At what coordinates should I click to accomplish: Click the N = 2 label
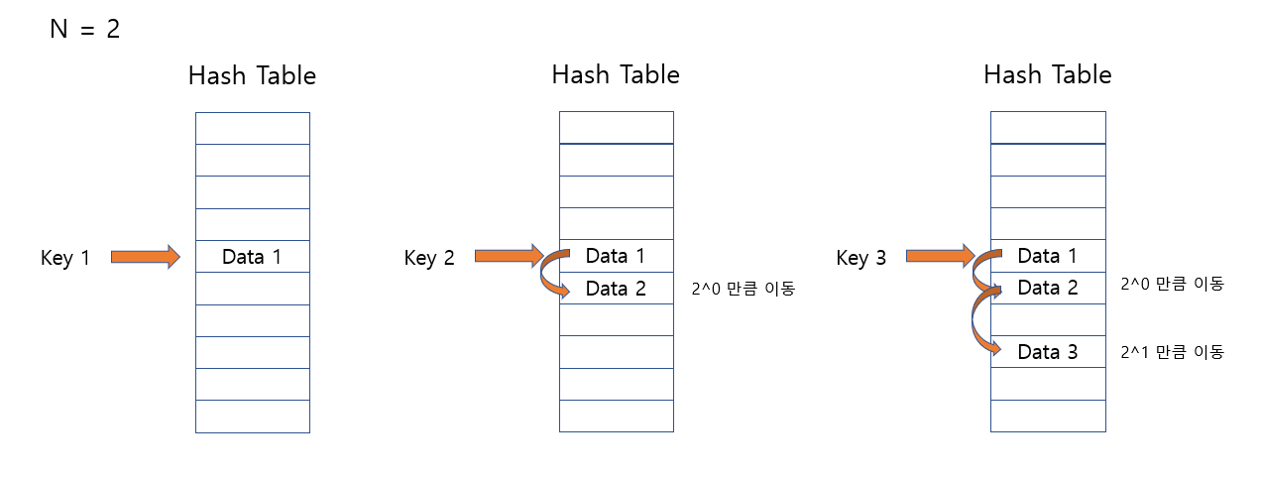(84, 29)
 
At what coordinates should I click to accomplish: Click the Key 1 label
(65, 258)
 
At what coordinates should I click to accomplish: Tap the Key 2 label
(429, 258)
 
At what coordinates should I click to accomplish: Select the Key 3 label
(861, 258)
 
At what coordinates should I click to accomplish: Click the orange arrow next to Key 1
(145, 257)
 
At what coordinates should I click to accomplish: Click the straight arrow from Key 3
(939, 256)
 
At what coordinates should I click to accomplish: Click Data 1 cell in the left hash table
(252, 257)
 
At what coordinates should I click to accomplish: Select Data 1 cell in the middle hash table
(616, 256)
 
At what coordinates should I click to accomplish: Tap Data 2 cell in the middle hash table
(616, 289)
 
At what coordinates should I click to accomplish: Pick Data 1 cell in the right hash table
(1048, 256)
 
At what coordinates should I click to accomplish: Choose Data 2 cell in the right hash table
(1048, 288)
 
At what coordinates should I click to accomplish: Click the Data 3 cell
(1048, 351)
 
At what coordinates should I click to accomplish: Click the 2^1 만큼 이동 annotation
(1172, 351)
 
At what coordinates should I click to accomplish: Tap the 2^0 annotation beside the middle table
(743, 290)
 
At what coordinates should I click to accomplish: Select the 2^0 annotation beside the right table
(1172, 284)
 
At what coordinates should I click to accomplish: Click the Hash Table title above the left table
(252, 75)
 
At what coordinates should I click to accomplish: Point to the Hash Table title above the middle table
(616, 74)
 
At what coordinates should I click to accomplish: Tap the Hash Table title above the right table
(1048, 74)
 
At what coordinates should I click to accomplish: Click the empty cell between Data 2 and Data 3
(1048, 319)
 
